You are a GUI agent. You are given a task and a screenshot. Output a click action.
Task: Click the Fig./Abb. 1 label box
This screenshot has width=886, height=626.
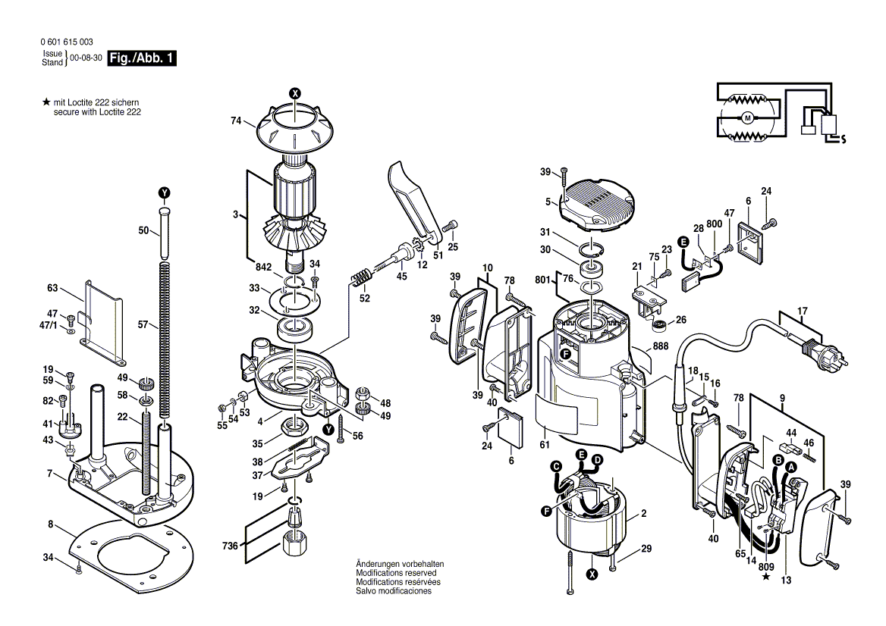point(143,58)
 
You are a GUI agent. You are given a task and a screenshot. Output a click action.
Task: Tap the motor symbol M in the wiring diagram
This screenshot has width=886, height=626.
point(747,117)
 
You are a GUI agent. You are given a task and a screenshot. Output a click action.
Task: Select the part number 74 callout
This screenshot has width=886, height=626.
point(236,121)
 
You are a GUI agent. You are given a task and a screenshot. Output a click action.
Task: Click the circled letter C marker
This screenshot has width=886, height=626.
point(555,466)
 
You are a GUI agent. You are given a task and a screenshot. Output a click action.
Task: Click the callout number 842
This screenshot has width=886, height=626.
point(263,267)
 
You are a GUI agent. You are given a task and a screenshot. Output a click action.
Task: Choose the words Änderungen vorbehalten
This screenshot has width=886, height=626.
point(400,565)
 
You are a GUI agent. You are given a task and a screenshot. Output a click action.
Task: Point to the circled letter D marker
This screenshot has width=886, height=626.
point(597,460)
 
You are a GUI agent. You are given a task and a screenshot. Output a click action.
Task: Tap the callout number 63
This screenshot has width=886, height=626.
point(52,288)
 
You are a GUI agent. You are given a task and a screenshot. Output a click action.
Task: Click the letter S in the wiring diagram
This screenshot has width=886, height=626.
point(844,139)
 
